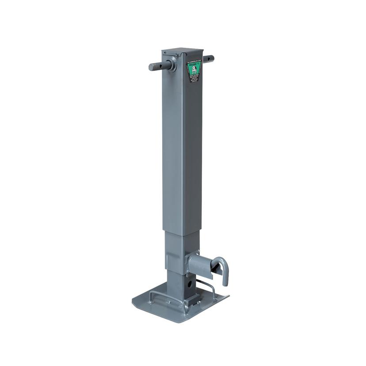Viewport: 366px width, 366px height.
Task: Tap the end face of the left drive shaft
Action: [x=152, y=67]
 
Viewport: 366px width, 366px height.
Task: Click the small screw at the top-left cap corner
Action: [x=165, y=53]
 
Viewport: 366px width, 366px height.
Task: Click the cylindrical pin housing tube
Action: [x=198, y=264]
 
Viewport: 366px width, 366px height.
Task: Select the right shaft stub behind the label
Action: [x=208, y=58]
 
